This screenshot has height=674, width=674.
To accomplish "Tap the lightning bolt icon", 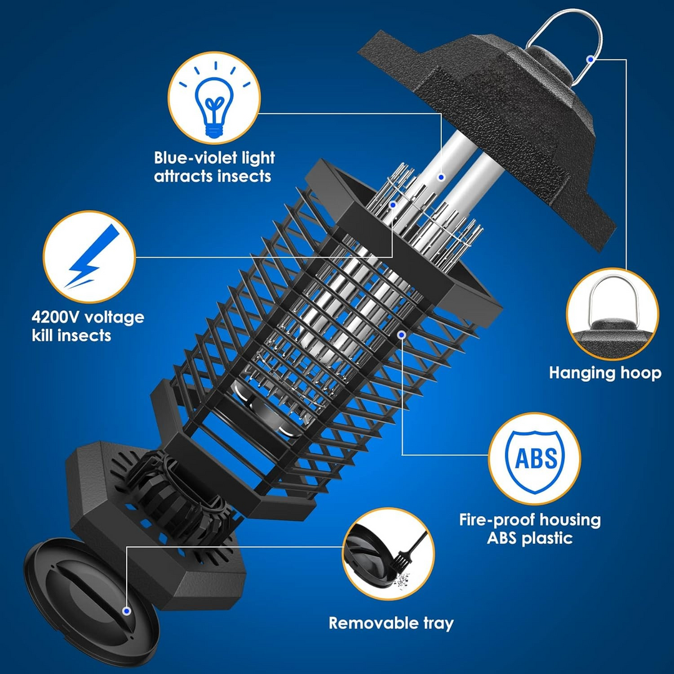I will tap(89, 256).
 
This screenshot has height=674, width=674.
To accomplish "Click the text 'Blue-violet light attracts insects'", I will tap(214, 167).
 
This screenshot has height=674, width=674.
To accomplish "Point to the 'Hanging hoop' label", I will tap(605, 373).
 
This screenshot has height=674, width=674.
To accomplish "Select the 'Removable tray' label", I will tap(391, 623).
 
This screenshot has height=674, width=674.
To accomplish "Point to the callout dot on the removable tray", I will tap(127, 612).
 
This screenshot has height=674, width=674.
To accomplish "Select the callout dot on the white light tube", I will tap(441, 177).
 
